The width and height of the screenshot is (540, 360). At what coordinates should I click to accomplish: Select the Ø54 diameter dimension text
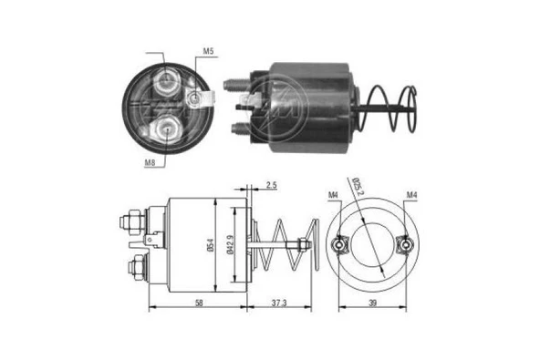211,243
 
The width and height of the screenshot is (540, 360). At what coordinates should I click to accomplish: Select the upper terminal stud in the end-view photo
166,85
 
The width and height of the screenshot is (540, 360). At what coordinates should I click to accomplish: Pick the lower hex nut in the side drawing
134,268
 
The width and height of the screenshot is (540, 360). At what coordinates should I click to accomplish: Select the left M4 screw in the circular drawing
338,244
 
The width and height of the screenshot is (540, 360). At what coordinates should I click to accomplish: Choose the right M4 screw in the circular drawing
405,243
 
